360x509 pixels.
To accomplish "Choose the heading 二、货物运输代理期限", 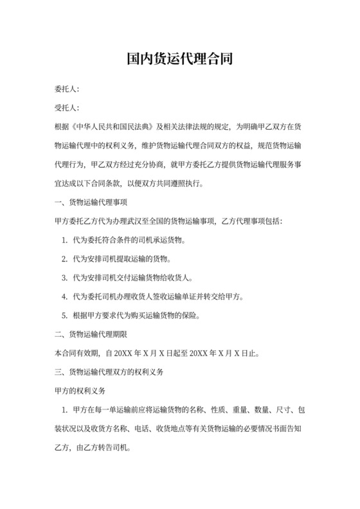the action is pyautogui.click(x=91, y=334).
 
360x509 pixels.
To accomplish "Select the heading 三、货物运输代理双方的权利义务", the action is pyautogui.click(x=109, y=372).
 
